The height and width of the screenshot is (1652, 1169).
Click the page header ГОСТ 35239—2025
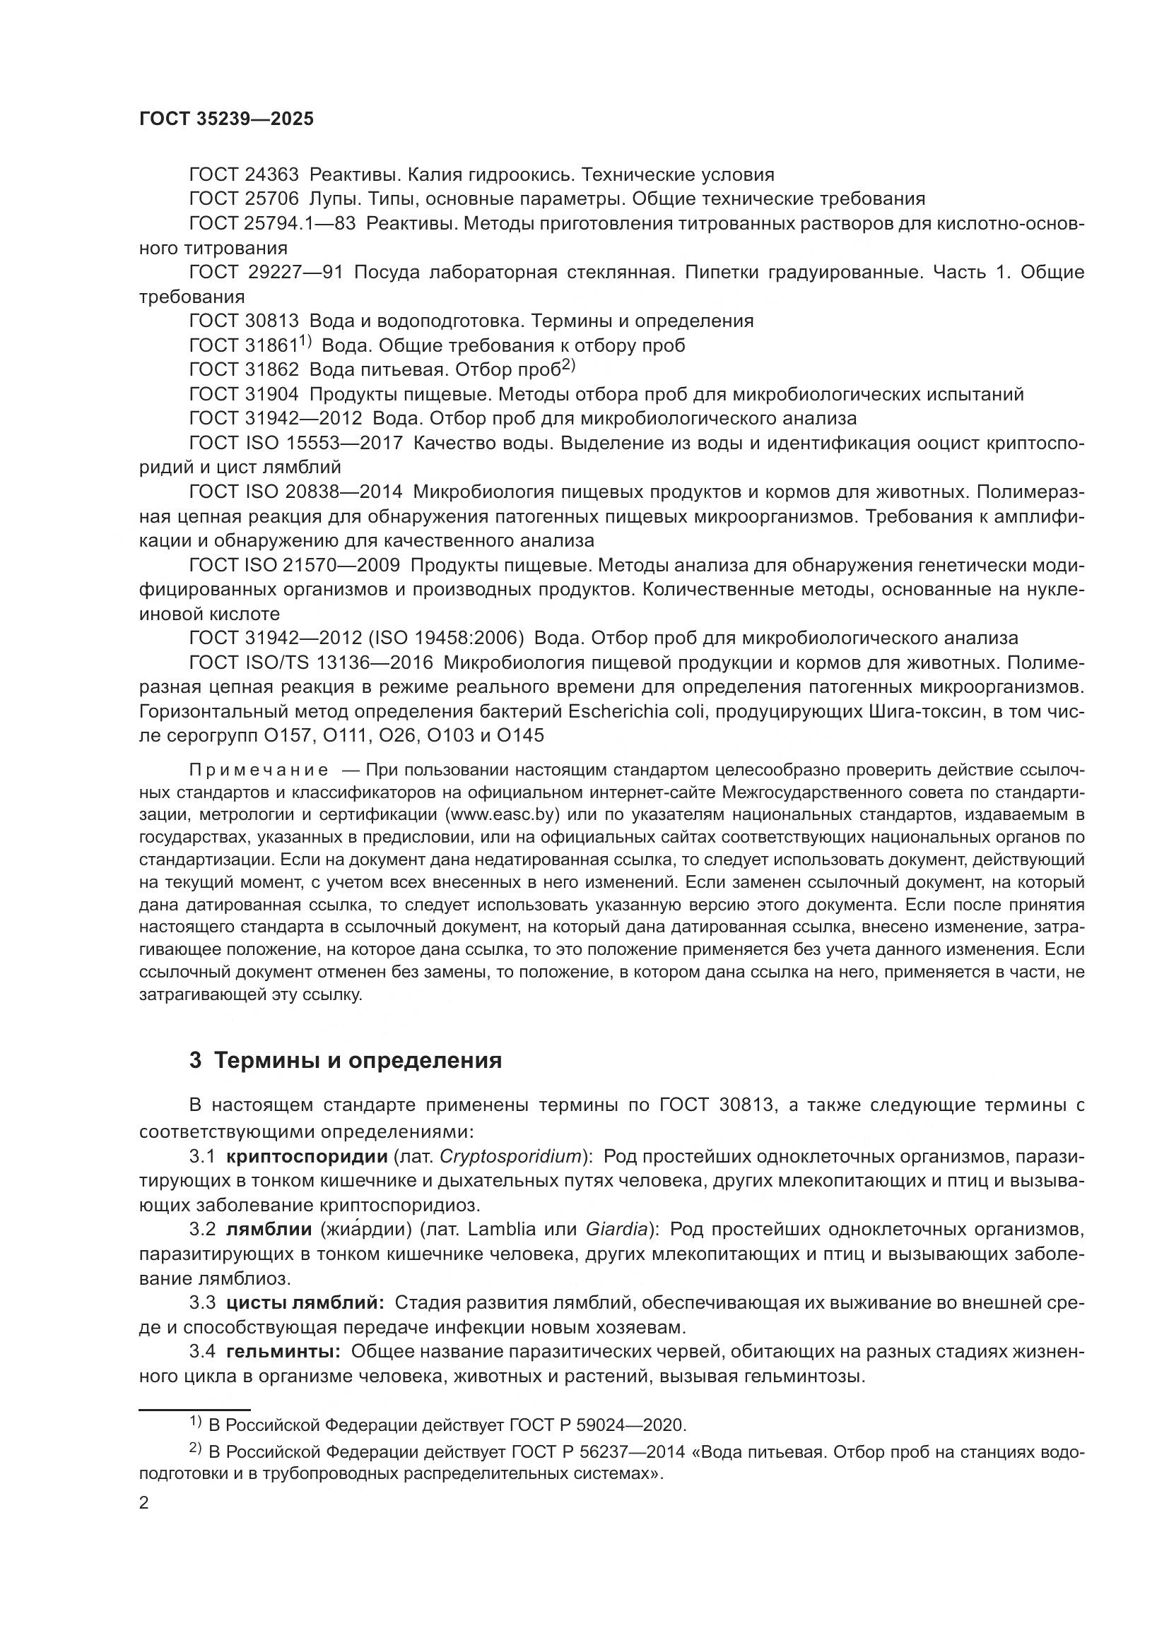(x=226, y=119)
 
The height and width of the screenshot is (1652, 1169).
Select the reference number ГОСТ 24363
(x=243, y=175)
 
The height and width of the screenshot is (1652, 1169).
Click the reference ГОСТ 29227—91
(x=266, y=272)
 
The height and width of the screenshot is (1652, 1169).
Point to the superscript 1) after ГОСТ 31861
(x=305, y=340)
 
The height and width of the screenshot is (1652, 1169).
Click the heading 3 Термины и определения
(x=346, y=1061)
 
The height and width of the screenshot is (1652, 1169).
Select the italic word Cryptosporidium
(x=510, y=1156)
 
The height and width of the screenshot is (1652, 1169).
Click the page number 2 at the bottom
(x=144, y=1502)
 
